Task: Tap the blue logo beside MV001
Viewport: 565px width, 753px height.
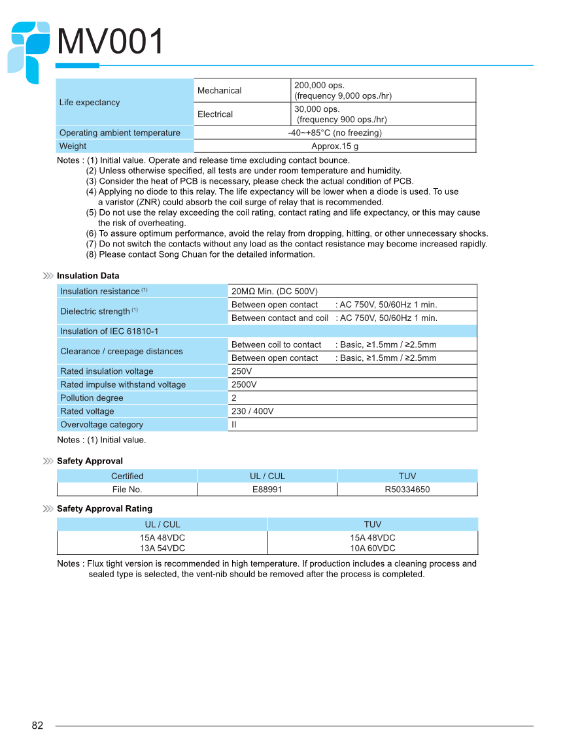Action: pos(29,51)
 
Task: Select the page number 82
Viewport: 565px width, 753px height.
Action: pos(37,726)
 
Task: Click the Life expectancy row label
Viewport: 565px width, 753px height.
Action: pos(90,103)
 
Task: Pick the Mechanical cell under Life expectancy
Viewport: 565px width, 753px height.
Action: pos(220,91)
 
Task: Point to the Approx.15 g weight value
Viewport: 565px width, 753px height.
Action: pos(335,146)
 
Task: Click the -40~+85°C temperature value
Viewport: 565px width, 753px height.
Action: pos(335,133)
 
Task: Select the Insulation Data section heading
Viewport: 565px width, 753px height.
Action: pos(88,276)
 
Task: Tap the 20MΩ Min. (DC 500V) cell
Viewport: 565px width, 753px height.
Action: pos(275,292)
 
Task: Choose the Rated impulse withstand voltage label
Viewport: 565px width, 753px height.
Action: pos(123,384)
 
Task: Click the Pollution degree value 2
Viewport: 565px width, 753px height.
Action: pos(234,398)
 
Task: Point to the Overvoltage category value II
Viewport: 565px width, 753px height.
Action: pos(234,425)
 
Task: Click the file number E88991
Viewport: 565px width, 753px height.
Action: pos(267,490)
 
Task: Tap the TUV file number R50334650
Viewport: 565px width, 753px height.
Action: pos(407,490)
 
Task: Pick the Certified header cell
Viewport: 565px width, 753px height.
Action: pos(127,476)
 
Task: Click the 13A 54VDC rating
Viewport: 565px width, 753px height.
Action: pos(162,548)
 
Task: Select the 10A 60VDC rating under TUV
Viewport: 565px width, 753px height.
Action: pos(373,548)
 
